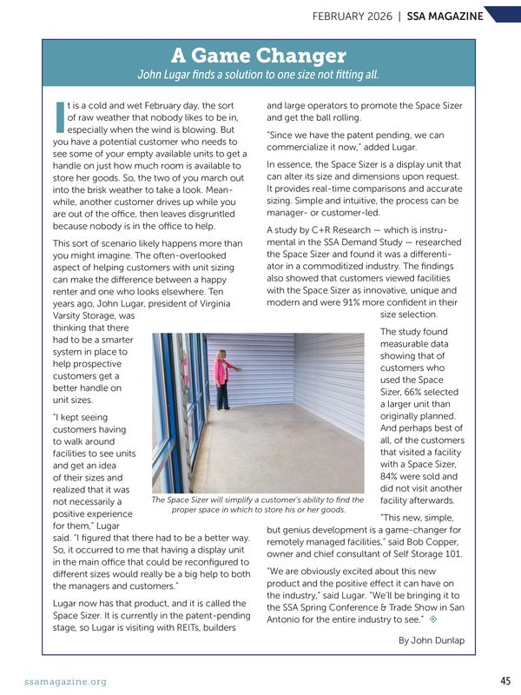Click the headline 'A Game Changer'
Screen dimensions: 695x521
[259, 56]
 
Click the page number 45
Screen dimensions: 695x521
[505, 681]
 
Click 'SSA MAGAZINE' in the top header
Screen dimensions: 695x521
[445, 16]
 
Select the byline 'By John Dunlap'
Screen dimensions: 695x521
[431, 640]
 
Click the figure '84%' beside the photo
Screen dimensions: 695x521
[393, 473]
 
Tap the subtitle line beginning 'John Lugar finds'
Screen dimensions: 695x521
[259, 74]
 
